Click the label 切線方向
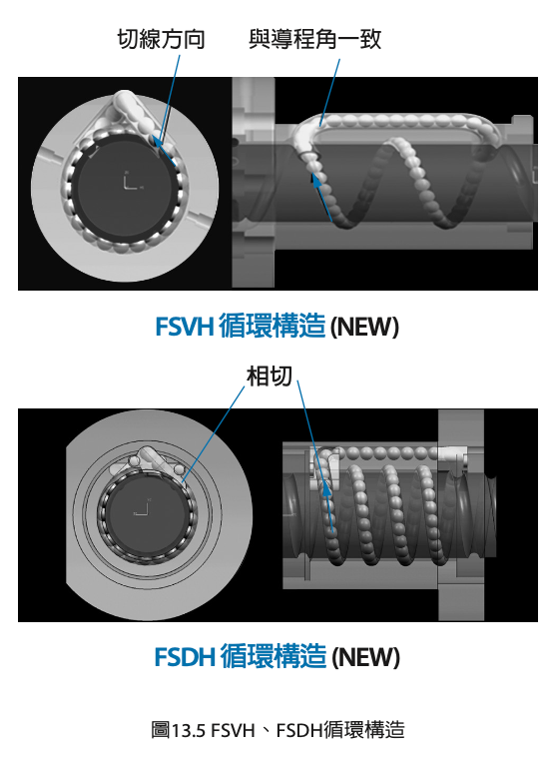coord(162,39)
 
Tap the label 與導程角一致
coord(315,39)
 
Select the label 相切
coord(270,377)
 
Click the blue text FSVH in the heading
coord(185,326)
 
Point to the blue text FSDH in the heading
coord(185,656)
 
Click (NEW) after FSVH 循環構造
coord(365,327)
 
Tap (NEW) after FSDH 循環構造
coord(366,657)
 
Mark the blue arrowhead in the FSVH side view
coord(315,181)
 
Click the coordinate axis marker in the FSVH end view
coord(132,182)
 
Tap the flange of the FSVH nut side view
coord(254,183)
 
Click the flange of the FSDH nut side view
coord(461,515)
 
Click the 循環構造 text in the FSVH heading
coord(273,326)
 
